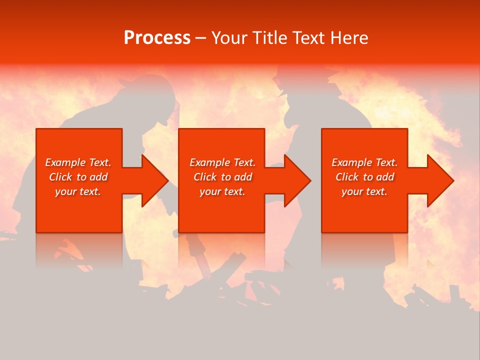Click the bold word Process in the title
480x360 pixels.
click(x=157, y=38)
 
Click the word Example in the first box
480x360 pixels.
click(x=65, y=162)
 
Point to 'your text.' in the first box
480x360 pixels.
click(x=78, y=191)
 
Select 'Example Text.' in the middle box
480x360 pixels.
click(x=222, y=162)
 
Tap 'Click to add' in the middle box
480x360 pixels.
click(x=222, y=177)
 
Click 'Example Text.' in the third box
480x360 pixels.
click(x=364, y=162)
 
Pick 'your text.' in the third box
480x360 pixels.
click(x=364, y=191)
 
